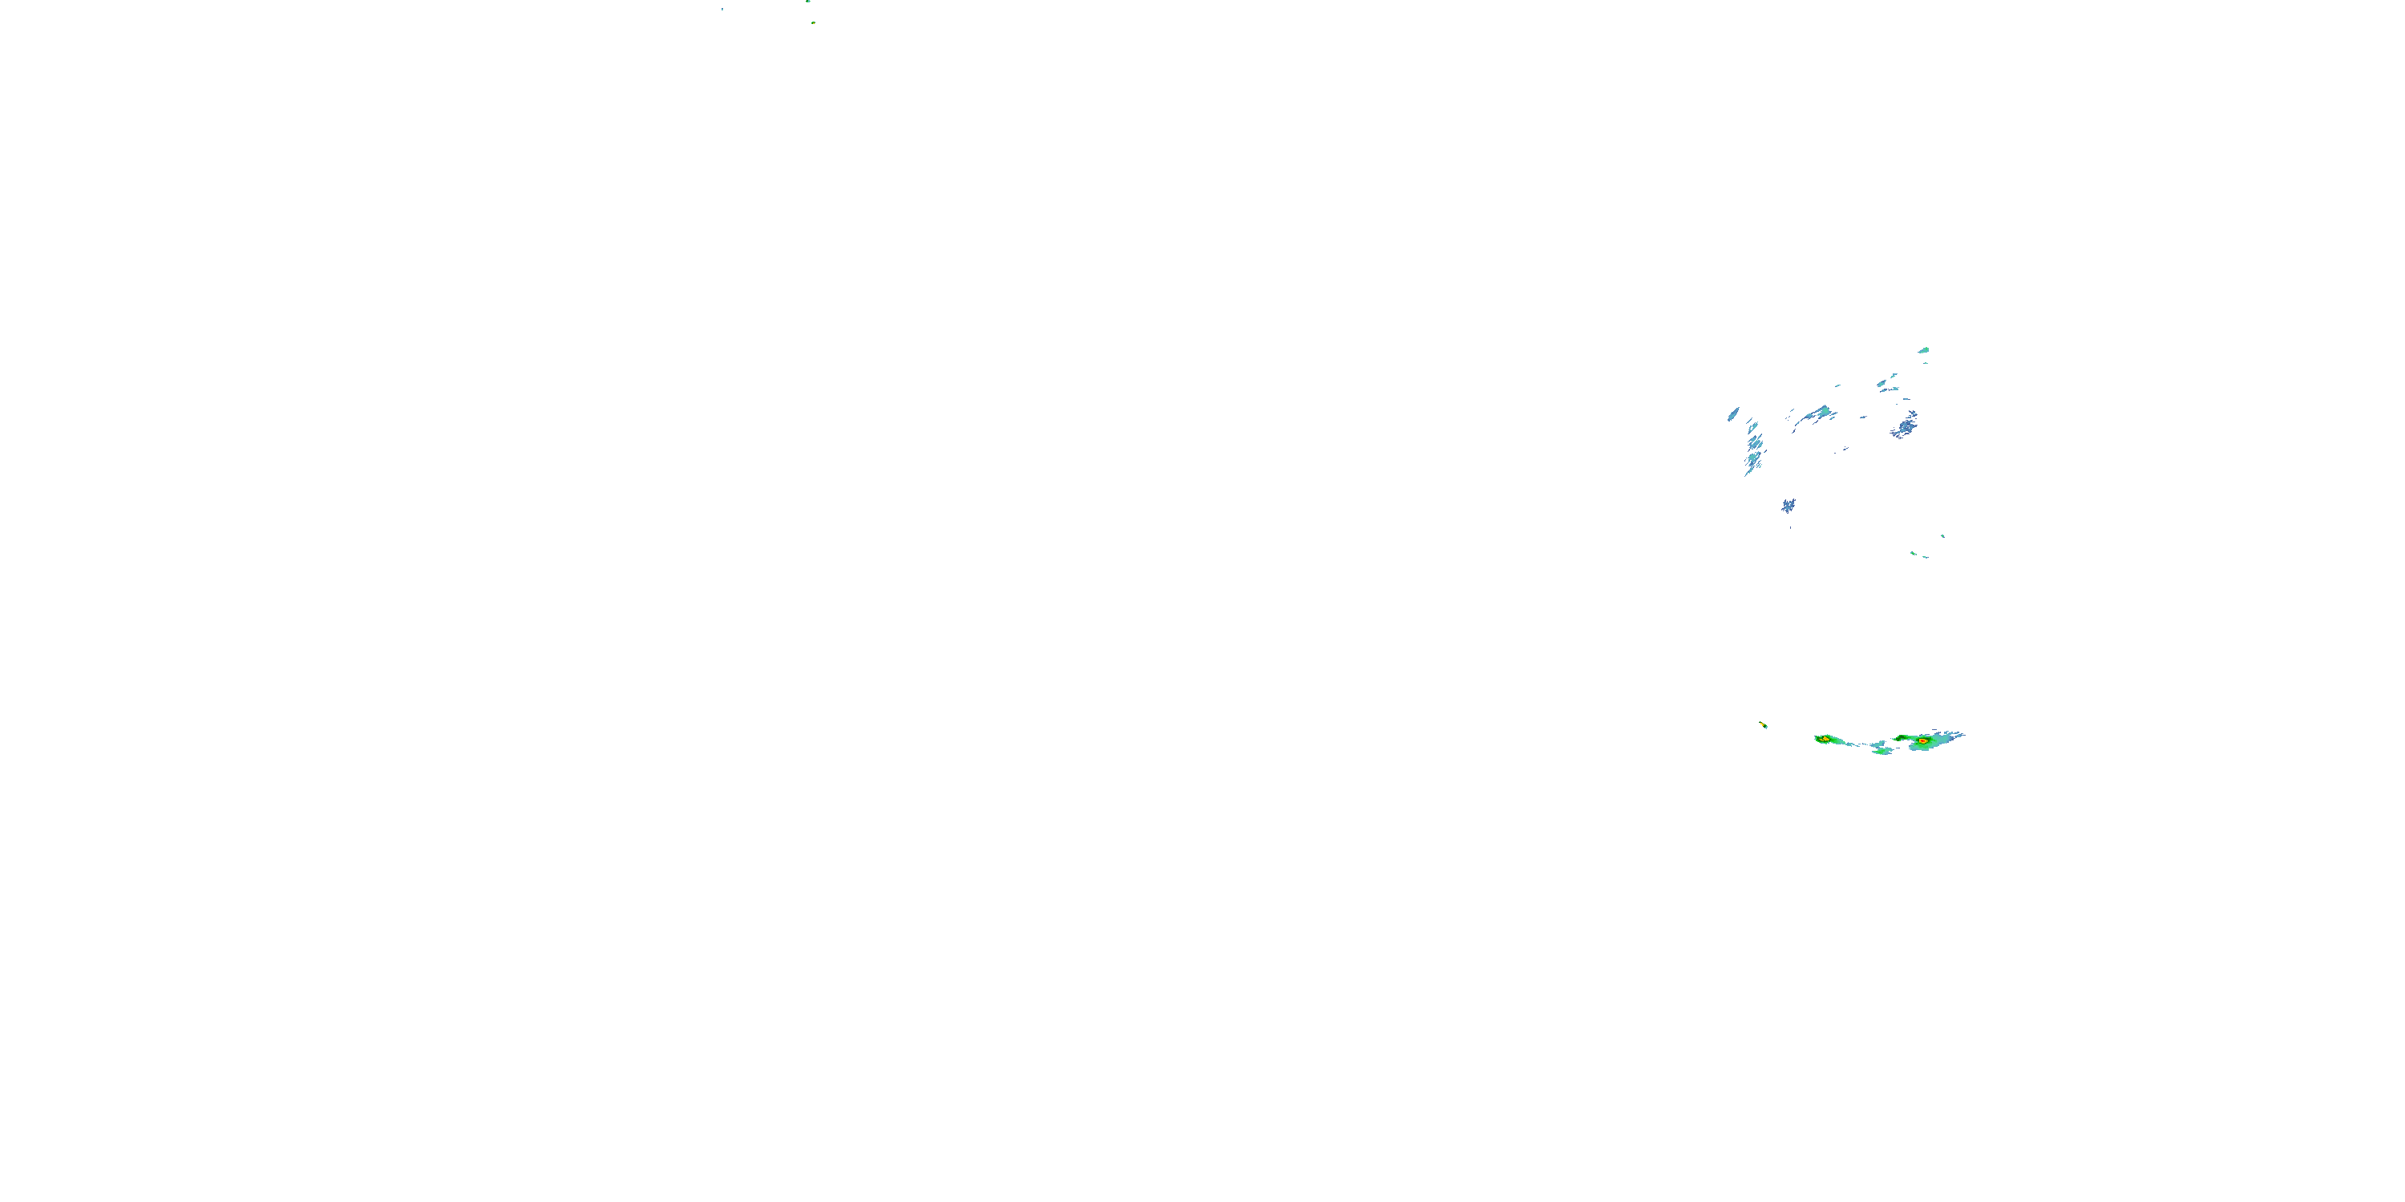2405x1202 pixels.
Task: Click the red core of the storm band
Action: (1922, 741)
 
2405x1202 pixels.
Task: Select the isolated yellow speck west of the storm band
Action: (1763, 724)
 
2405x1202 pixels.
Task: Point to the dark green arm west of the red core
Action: (1902, 738)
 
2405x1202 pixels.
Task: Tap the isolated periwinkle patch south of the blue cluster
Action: (1788, 506)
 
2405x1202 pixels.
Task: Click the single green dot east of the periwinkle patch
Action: (1943, 535)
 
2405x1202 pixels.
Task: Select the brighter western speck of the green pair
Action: (1913, 554)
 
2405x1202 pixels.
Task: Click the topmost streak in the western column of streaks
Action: (1752, 426)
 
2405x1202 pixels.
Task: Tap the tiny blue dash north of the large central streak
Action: (1837, 385)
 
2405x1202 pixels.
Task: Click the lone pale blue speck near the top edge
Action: (721, 10)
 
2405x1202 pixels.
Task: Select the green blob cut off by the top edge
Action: (809, 2)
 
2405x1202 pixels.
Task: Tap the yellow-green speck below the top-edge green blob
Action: (813, 22)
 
